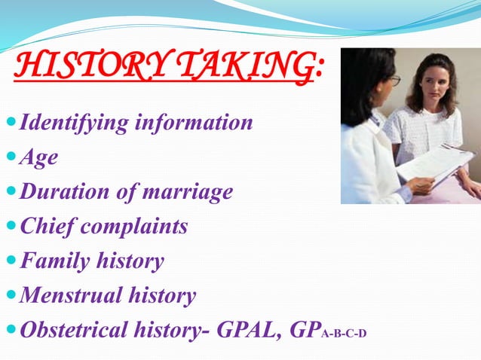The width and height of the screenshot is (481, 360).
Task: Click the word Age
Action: [x=38, y=157]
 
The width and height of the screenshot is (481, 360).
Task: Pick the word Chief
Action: [x=45, y=226]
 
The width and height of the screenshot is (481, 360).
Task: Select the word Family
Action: [x=54, y=261]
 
